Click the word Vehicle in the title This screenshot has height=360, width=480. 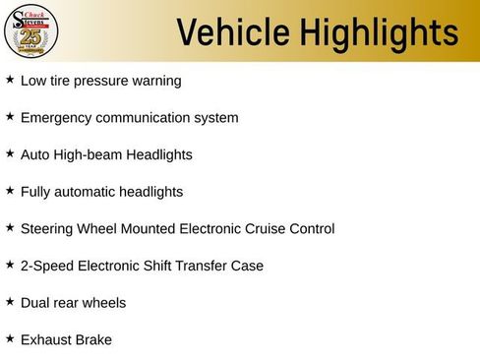point(228,32)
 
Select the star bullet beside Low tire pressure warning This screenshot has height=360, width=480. point(10,80)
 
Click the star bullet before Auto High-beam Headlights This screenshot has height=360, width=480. point(10,154)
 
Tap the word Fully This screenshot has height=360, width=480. point(35,192)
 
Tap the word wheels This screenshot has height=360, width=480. point(104,302)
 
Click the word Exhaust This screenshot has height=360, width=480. point(46,339)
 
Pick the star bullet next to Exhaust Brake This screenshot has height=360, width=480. point(10,338)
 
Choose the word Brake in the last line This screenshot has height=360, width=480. point(94,339)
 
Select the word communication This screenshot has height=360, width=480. point(143,117)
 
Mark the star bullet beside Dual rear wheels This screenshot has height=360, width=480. point(10,302)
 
